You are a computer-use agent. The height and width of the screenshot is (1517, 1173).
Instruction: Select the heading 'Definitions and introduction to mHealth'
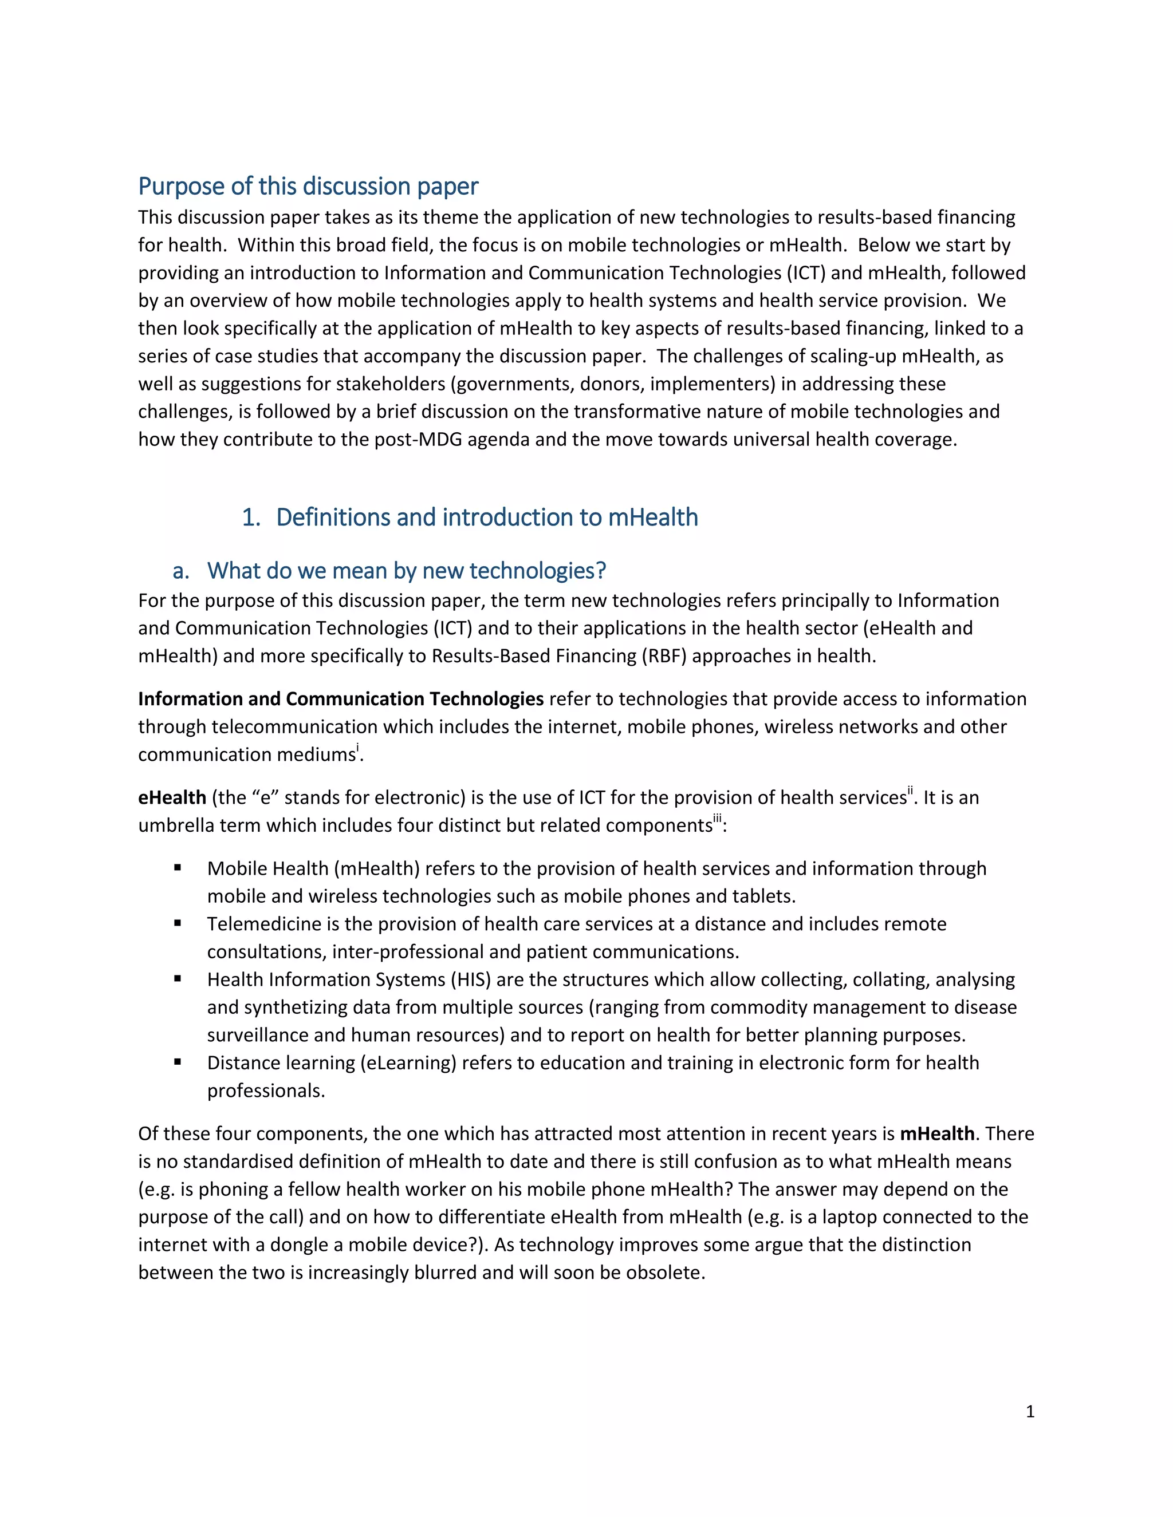pyautogui.click(x=486, y=517)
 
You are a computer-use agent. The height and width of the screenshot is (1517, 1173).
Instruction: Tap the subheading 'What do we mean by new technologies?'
pyautogui.click(x=407, y=570)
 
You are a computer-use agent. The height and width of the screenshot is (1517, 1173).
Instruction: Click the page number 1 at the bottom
pyautogui.click(x=1030, y=1412)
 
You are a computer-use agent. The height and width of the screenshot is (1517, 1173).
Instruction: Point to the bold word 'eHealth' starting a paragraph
pyautogui.click(x=172, y=797)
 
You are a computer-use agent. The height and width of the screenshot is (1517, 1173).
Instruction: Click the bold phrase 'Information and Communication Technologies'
pyautogui.click(x=341, y=699)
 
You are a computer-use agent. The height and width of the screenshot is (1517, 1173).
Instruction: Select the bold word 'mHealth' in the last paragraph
pyautogui.click(x=936, y=1133)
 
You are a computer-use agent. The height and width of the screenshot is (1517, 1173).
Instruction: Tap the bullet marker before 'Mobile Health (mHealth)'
pyautogui.click(x=178, y=867)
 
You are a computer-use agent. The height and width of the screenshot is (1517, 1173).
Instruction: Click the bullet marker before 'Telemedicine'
pyautogui.click(x=178, y=923)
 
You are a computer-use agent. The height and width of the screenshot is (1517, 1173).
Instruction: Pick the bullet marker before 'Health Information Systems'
pyautogui.click(x=178, y=979)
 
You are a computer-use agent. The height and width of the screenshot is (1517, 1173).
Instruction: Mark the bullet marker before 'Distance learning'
pyautogui.click(x=178, y=1062)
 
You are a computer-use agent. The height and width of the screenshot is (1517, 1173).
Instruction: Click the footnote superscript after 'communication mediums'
pyautogui.click(x=358, y=748)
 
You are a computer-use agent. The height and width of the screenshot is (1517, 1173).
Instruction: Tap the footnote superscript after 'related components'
pyautogui.click(x=718, y=820)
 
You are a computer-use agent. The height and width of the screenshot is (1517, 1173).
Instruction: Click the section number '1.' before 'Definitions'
pyautogui.click(x=251, y=517)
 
